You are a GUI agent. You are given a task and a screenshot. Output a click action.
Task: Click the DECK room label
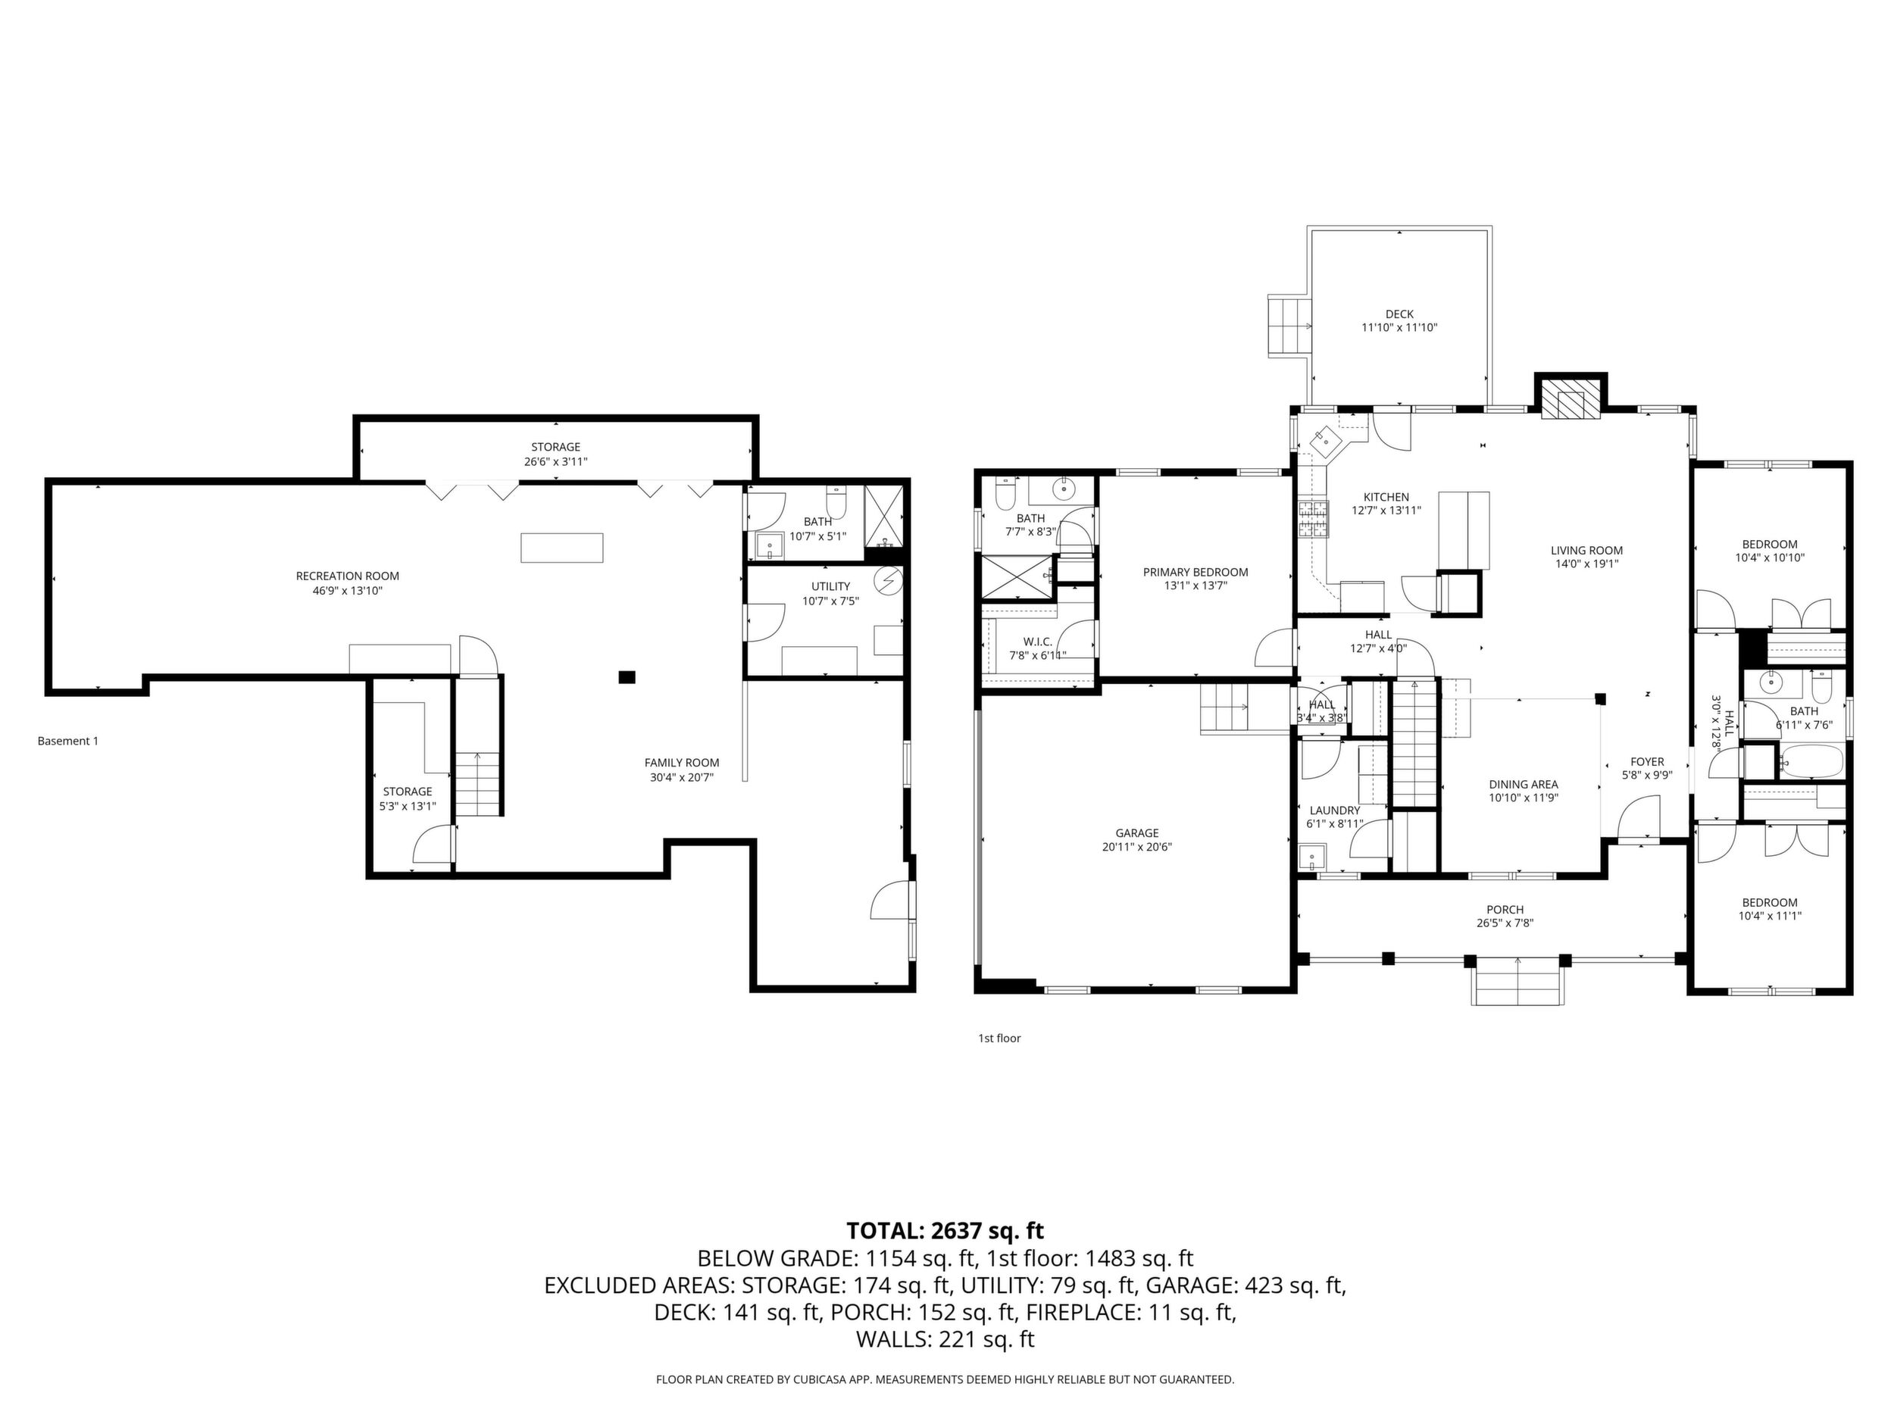1399,314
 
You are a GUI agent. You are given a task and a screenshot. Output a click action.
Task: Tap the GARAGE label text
1136,832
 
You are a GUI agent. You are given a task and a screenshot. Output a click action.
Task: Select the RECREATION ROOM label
347,576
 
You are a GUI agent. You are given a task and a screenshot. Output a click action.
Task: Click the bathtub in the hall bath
1811,761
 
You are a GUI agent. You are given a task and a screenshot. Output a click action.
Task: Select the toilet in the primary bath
1005,491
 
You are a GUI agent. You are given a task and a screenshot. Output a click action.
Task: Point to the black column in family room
627,677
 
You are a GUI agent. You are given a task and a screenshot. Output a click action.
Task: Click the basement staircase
477,783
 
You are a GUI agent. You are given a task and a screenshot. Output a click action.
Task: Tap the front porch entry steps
1517,981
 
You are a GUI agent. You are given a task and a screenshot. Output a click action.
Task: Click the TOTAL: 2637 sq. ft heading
945,1231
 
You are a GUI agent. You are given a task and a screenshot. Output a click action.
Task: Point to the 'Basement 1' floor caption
67,741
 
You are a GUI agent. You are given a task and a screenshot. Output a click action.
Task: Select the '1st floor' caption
999,1039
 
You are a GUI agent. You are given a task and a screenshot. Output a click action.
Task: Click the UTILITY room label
830,586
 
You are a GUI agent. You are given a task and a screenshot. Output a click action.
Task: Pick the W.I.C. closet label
1038,641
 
